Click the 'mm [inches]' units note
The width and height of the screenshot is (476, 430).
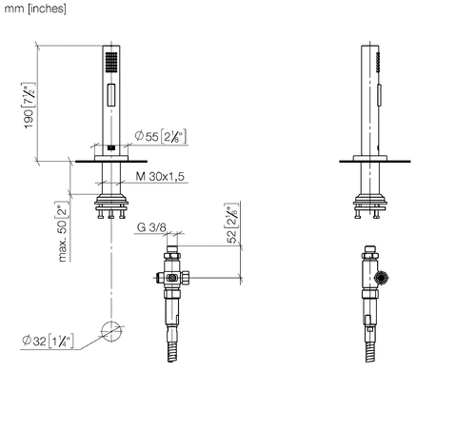(x=35, y=9)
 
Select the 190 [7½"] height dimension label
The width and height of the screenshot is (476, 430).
(x=29, y=106)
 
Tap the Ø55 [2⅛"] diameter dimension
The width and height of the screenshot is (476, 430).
(x=160, y=136)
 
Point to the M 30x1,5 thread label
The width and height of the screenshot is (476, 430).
(x=160, y=176)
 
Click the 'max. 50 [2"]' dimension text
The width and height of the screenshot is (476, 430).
(x=63, y=231)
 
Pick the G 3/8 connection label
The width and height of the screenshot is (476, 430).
(x=151, y=227)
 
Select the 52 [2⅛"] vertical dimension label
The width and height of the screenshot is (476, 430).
(x=231, y=224)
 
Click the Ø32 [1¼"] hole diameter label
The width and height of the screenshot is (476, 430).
(x=48, y=341)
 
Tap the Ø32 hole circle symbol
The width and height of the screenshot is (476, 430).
(x=111, y=331)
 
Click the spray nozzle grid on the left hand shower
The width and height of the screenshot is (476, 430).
(x=111, y=62)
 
